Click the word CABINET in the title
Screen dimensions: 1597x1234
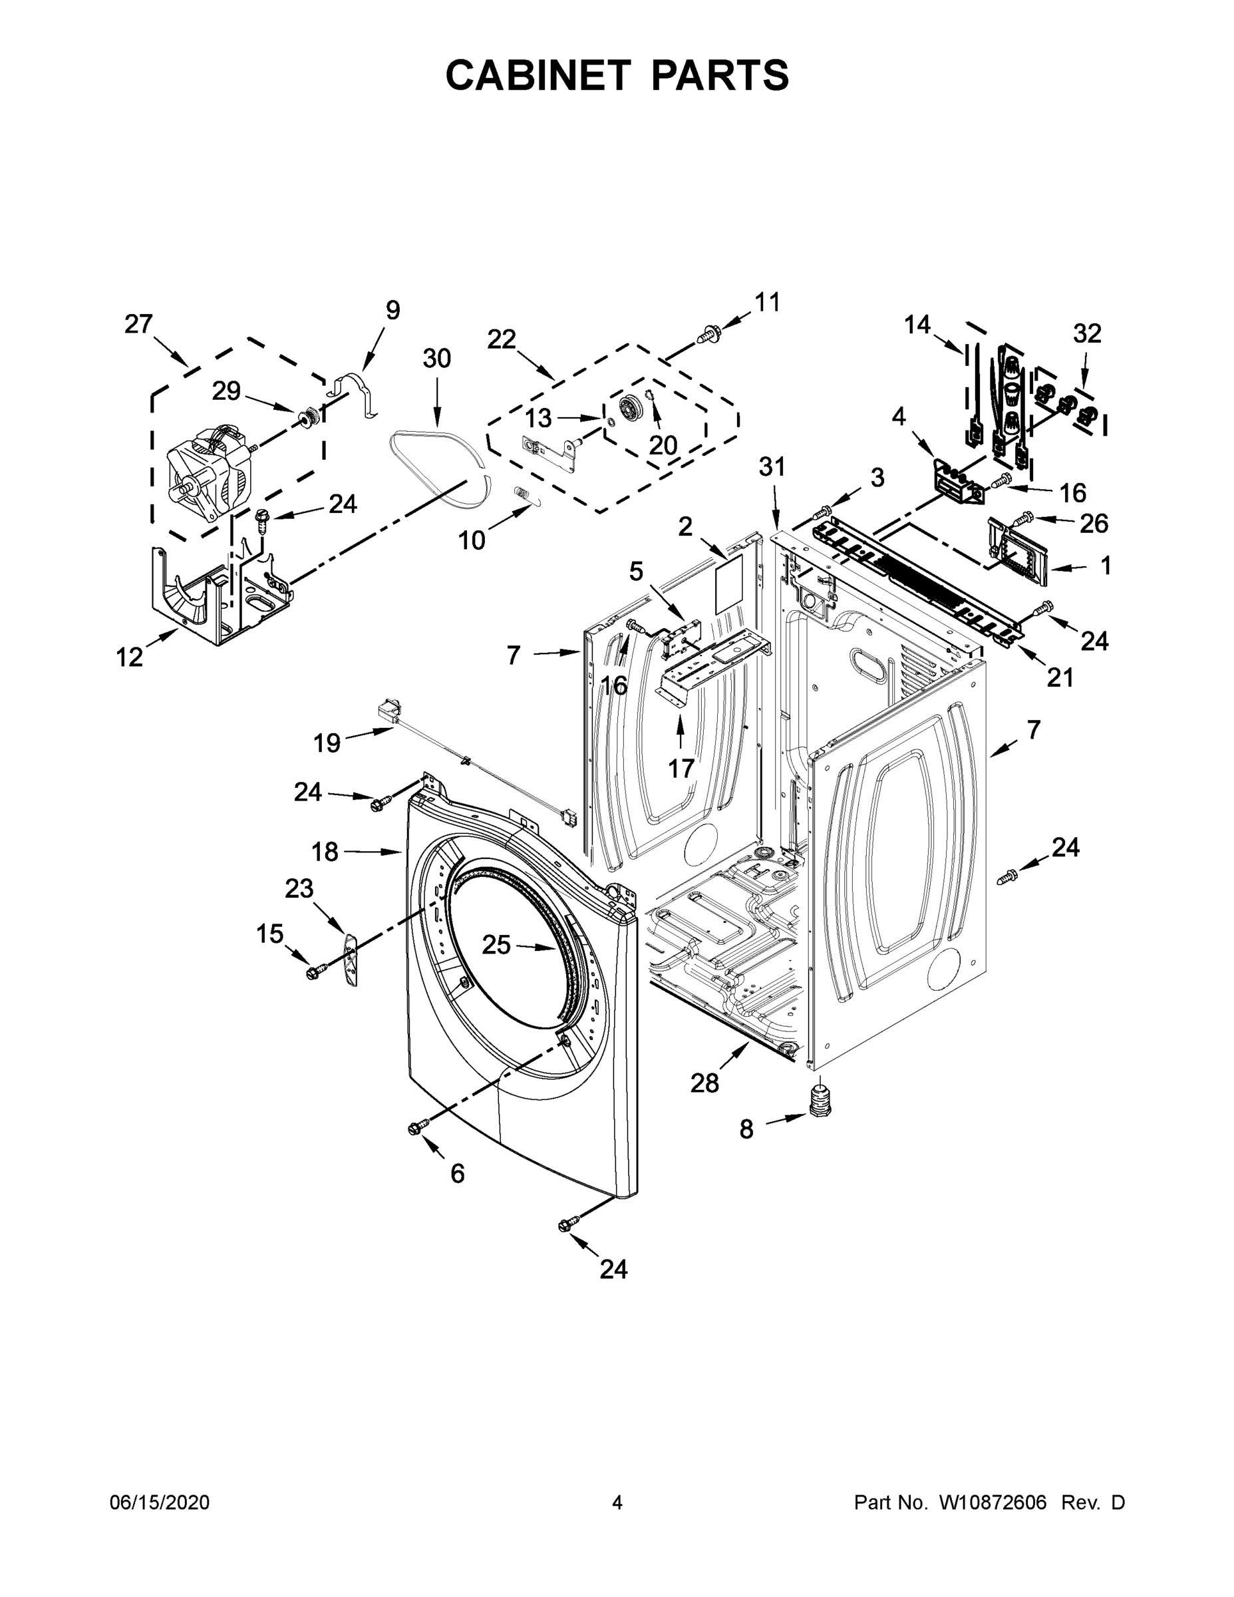point(538,75)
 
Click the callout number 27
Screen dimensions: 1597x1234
point(138,323)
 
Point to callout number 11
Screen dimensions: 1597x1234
point(767,302)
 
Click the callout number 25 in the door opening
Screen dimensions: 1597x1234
point(496,946)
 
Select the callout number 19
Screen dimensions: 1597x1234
point(327,743)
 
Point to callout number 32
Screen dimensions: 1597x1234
point(1086,333)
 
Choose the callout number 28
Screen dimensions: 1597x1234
point(704,1083)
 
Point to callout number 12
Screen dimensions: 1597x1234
point(130,657)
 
